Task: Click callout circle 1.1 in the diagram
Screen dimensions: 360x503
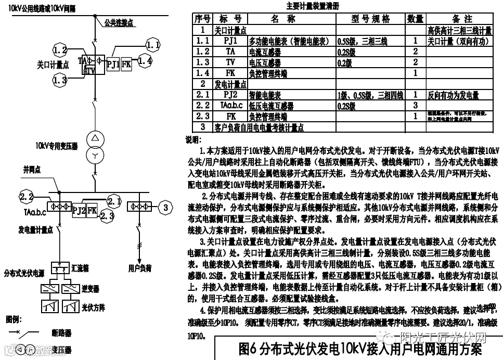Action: [x=152, y=45]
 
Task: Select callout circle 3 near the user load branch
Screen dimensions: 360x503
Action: [x=165, y=207]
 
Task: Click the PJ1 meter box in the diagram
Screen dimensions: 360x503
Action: [x=113, y=65]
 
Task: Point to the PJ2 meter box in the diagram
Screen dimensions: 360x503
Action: [x=79, y=210]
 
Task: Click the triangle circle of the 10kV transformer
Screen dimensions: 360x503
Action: [x=95, y=138]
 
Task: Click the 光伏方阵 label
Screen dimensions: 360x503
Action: [x=93, y=307]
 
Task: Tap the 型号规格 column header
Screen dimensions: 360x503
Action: [x=370, y=19]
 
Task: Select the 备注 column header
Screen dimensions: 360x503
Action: [x=458, y=19]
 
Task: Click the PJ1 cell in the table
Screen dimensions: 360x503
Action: [x=230, y=40]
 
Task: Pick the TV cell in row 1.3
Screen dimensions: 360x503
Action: [x=230, y=62]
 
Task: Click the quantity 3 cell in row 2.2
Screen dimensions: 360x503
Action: [x=415, y=106]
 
